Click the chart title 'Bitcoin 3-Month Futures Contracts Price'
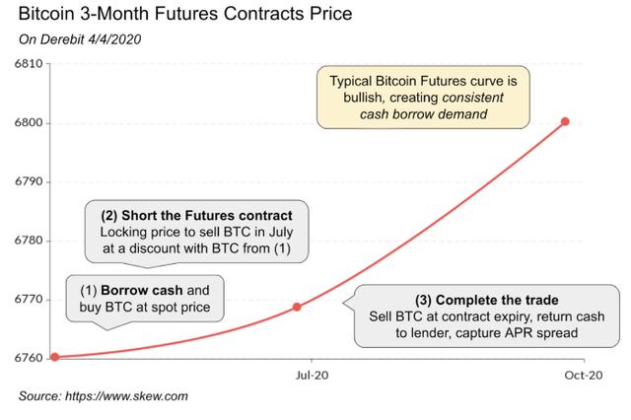[185, 13]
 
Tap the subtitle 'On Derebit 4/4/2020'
[80, 39]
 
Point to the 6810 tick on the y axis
[29, 63]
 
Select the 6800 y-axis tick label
[29, 122]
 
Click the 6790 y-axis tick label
[29, 181]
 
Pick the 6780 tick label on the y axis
[29, 241]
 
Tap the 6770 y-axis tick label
[29, 300]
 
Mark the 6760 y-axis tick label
[29, 358]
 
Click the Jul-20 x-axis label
[312, 376]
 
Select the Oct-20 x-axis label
[584, 376]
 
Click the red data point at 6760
[55, 357]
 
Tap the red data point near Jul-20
[297, 307]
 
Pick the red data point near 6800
[565, 121]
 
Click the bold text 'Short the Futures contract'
[207, 216]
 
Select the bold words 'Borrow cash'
[142, 290]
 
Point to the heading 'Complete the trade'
[497, 300]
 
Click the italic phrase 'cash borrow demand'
[423, 114]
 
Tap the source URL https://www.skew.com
[126, 396]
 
